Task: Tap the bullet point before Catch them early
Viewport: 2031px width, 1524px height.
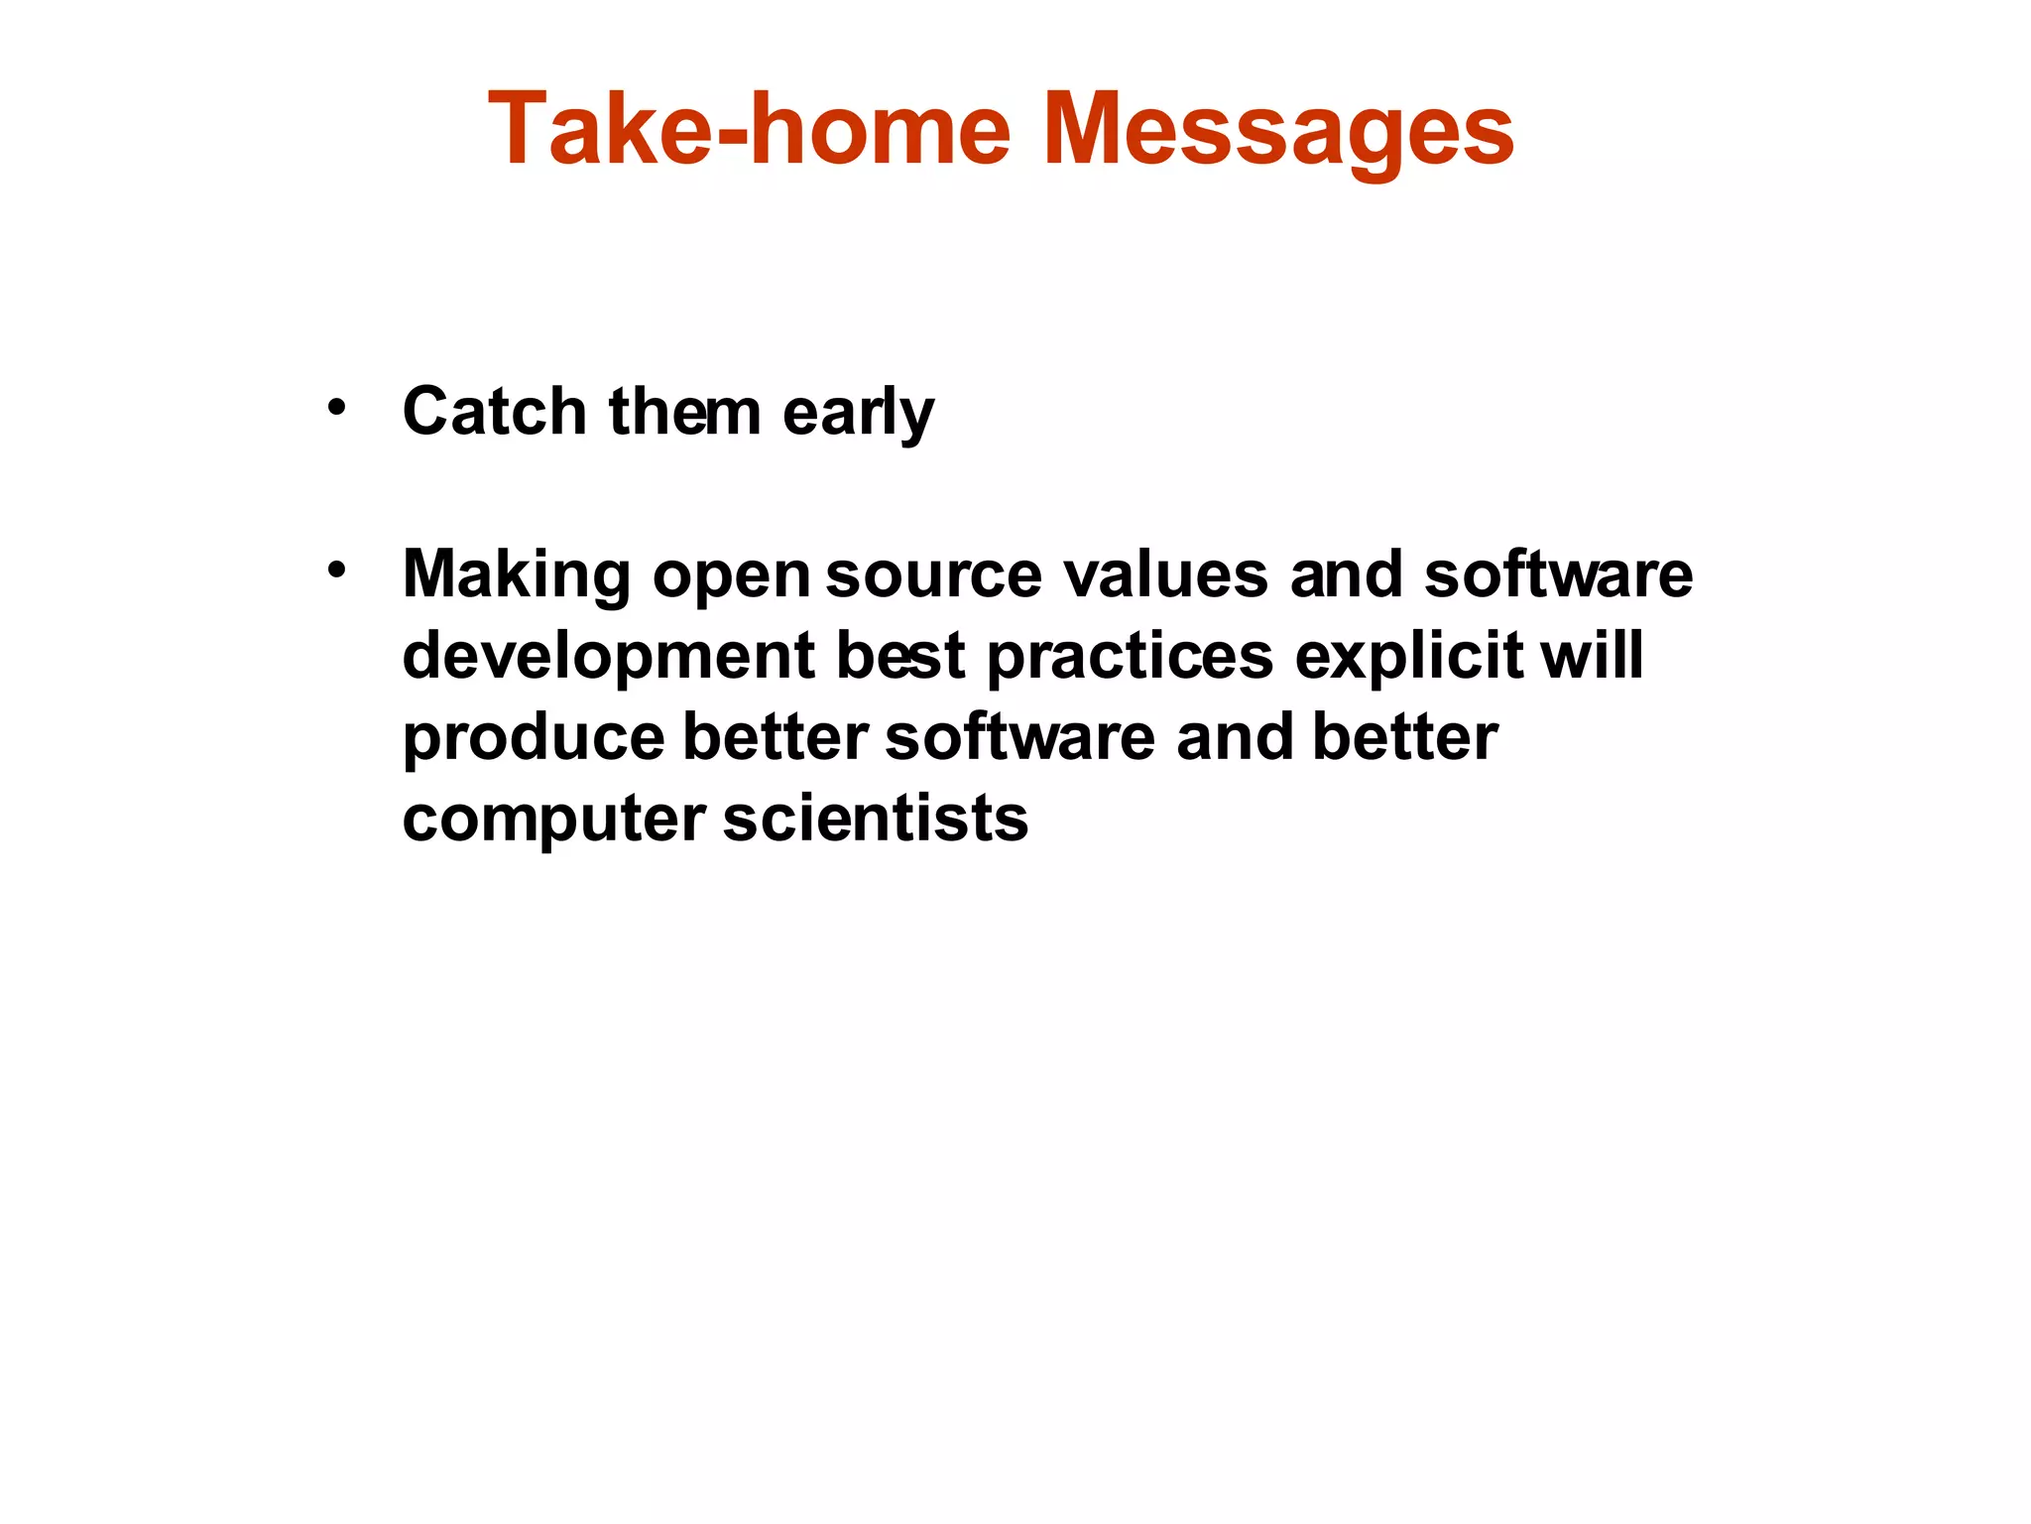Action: pos(337,407)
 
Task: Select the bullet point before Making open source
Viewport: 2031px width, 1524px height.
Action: pos(337,570)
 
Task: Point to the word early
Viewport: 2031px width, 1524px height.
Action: pos(858,413)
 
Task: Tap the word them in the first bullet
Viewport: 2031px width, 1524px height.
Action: pos(684,411)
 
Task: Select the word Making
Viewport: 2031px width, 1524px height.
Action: pos(516,575)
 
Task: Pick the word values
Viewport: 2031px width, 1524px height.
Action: pos(1165,575)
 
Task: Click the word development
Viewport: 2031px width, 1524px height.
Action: pos(608,657)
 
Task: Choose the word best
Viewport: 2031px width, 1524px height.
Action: pos(900,657)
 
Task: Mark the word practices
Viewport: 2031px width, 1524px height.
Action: pos(1130,657)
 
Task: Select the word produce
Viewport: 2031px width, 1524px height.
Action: pos(533,738)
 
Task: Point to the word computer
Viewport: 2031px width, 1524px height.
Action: pos(553,820)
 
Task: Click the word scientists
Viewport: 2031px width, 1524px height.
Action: pos(876,820)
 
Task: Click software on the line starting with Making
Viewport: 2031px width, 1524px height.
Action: pos(1558,575)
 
